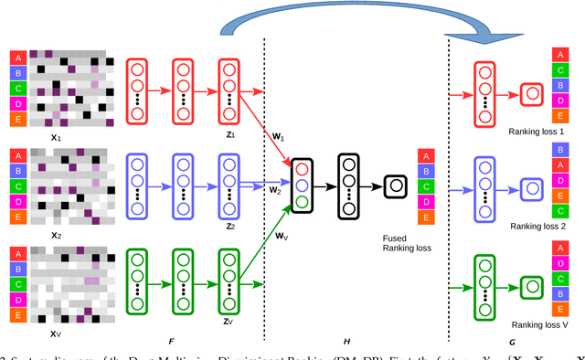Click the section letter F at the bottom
[171, 341]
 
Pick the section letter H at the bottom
[346, 341]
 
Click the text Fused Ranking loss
[408, 240]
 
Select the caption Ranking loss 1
[537, 132]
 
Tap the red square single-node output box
[531, 93]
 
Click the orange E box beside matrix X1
[16, 119]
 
